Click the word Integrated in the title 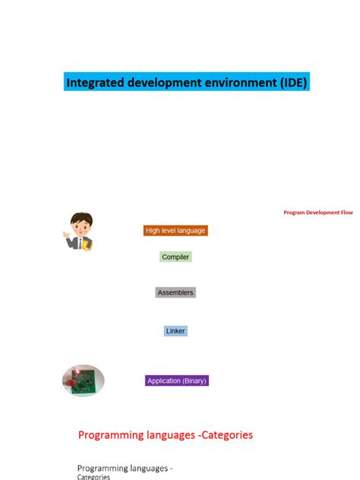click(x=93, y=82)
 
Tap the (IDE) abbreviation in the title click(x=289, y=82)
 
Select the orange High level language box click(x=175, y=230)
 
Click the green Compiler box click(x=175, y=257)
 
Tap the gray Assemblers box click(x=175, y=292)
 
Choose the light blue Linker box click(x=175, y=331)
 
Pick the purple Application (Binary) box click(x=177, y=381)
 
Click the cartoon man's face click(x=81, y=226)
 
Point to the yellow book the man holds click(x=87, y=245)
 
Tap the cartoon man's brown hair click(x=81, y=218)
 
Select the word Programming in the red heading click(x=111, y=435)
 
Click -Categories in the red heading click(x=219, y=435)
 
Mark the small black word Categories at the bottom click(x=93, y=477)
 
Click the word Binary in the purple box click(x=194, y=381)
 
